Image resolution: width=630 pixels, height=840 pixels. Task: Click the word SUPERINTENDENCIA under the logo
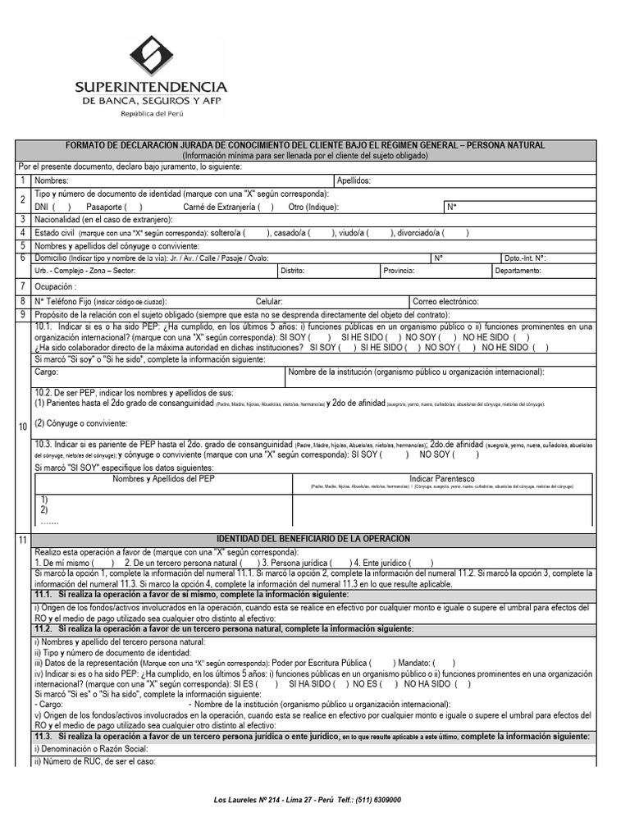(x=151, y=87)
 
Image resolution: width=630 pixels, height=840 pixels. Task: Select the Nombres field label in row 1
(x=51, y=180)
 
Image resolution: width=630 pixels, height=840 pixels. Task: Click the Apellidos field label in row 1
(x=354, y=180)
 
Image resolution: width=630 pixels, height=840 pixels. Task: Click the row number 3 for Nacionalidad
(x=23, y=220)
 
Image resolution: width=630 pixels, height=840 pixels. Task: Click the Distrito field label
(x=292, y=270)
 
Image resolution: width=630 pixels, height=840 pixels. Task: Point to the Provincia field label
(x=399, y=270)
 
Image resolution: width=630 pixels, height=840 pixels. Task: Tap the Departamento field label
(x=518, y=270)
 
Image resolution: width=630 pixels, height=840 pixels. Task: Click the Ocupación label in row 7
(x=55, y=286)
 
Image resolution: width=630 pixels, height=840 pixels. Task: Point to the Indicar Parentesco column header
(x=441, y=478)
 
